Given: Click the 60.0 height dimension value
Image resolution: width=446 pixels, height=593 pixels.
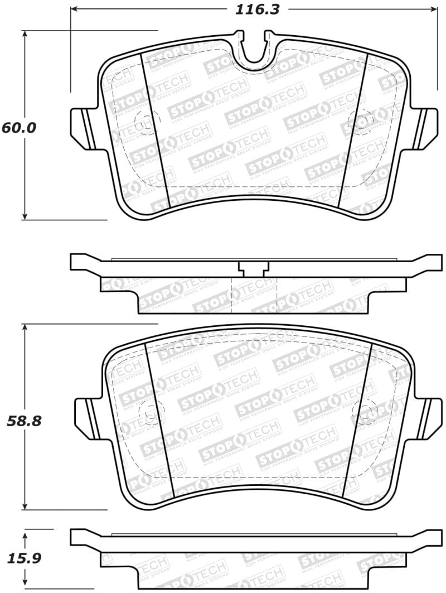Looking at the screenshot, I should (x=18, y=127).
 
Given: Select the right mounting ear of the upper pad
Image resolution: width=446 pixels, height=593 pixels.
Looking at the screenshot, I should (x=429, y=127).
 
